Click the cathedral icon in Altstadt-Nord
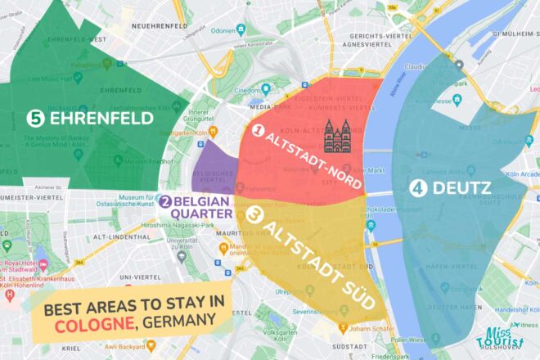click(337, 137)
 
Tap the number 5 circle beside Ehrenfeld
click(35, 119)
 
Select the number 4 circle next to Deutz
click(418, 188)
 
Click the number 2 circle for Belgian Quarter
click(165, 201)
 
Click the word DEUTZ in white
click(461, 188)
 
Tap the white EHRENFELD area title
click(101, 119)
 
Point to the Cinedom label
click(272, 92)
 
